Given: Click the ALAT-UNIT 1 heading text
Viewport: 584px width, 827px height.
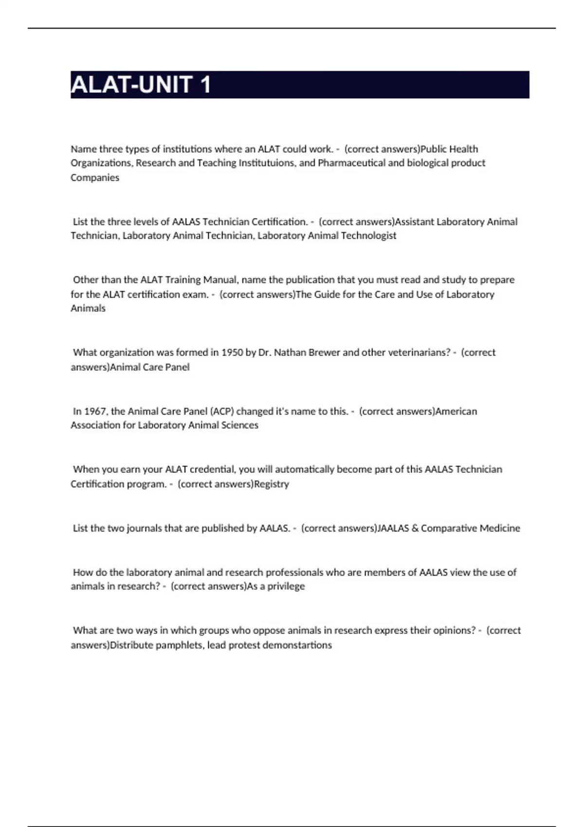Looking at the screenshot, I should coord(141,85).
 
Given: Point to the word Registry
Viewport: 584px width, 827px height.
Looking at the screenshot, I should coord(272,484).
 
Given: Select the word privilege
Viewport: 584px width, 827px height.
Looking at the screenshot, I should coord(286,586).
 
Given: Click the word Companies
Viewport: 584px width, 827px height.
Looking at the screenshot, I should coord(95,178).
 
